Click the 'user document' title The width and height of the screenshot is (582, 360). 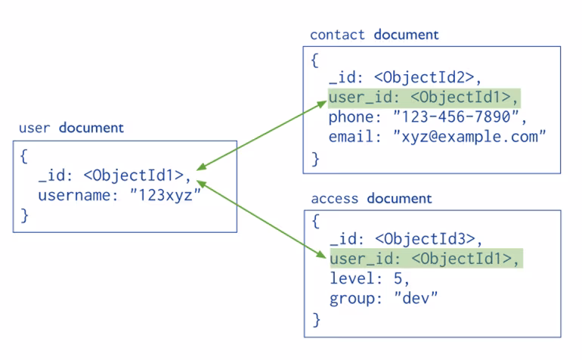(71, 128)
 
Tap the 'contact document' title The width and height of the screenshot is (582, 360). (374, 35)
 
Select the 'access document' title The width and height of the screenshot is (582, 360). (372, 198)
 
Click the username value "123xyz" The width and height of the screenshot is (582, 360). (166, 194)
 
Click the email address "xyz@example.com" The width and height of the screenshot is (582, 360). (469, 136)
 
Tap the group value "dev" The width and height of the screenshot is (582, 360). (416, 298)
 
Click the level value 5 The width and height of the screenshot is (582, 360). (398, 278)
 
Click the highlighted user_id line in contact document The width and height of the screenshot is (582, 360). (424, 98)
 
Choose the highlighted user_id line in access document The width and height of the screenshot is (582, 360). (426, 259)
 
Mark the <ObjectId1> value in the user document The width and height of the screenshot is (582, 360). (134, 175)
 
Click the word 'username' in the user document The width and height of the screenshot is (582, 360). (74, 195)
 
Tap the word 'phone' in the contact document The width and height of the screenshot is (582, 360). (351, 117)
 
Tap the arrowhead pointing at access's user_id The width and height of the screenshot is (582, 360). (320, 254)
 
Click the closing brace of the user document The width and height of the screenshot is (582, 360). (24, 216)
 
